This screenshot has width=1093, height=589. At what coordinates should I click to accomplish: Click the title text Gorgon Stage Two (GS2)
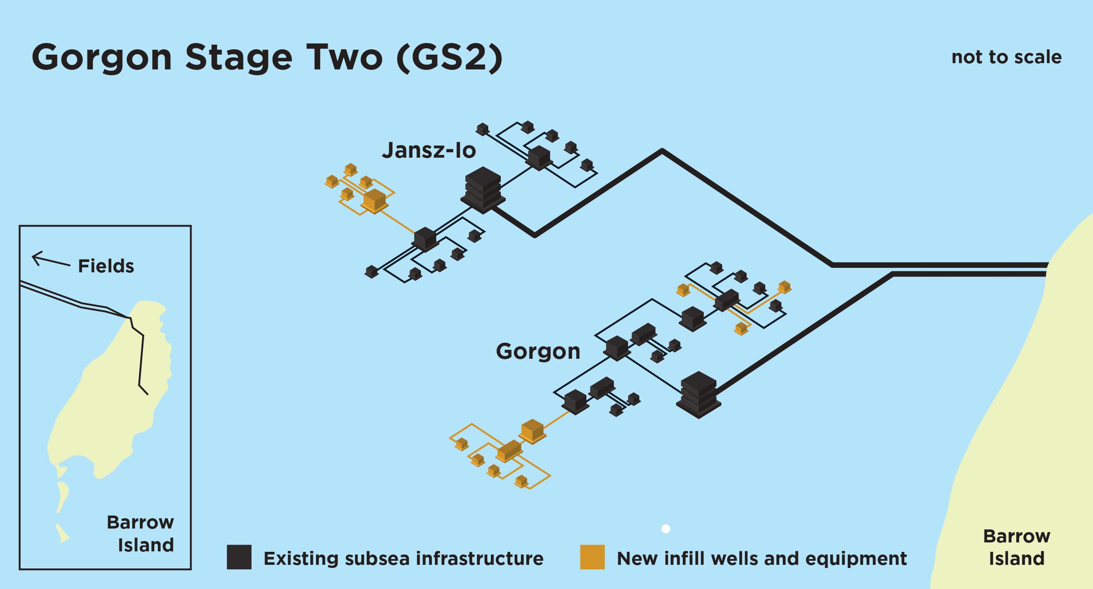267,57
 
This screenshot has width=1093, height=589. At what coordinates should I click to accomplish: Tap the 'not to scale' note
1006,57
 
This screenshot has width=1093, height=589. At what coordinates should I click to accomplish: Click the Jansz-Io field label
429,150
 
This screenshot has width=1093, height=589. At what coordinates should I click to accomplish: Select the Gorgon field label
538,351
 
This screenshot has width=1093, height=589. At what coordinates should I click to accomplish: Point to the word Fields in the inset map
106,266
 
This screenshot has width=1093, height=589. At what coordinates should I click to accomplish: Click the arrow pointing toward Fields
50,260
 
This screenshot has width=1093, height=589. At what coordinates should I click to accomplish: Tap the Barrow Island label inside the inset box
140,533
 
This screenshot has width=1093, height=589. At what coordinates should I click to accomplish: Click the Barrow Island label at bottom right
1016,547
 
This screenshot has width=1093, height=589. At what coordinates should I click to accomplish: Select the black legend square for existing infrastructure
239,557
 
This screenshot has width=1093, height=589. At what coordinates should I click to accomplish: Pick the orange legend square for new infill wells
592,557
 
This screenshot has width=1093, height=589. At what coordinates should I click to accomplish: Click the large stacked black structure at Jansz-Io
483,190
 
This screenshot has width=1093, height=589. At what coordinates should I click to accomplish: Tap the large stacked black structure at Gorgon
698,395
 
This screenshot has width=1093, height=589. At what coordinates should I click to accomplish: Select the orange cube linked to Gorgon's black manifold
532,431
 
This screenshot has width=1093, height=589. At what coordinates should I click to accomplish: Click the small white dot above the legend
666,529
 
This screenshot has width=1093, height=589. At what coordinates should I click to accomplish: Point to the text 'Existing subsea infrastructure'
403,559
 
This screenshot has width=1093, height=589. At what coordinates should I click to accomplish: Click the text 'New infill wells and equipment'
762,559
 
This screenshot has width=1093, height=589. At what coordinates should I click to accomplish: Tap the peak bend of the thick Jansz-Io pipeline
662,151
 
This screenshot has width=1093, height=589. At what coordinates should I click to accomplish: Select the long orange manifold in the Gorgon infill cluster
509,451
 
